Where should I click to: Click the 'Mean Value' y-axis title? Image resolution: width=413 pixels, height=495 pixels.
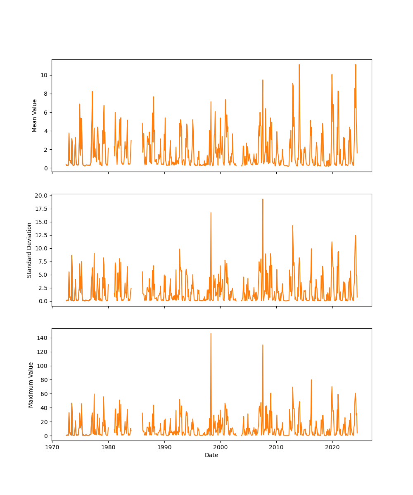coord(35,115)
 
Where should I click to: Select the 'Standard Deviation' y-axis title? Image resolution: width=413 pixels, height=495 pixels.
coord(29,250)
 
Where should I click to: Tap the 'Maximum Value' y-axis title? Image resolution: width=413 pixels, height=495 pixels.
coord(31,384)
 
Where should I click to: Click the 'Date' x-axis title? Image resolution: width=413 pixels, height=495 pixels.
coord(211,455)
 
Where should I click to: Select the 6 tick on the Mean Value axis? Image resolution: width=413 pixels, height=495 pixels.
coord(45,112)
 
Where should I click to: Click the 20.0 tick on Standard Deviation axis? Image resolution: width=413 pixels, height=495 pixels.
coord(40,196)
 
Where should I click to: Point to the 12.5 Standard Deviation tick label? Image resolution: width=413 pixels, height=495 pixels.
coord(40,235)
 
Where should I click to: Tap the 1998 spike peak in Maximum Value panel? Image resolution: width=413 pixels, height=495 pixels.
coord(211,334)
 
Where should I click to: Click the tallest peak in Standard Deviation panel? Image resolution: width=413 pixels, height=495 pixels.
coord(263,199)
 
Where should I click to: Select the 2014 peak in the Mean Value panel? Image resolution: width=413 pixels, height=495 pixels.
coord(299,65)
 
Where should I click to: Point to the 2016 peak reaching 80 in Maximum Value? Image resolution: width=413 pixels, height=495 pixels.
coord(311,380)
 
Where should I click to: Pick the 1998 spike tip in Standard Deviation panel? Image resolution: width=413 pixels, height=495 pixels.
coord(211,213)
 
